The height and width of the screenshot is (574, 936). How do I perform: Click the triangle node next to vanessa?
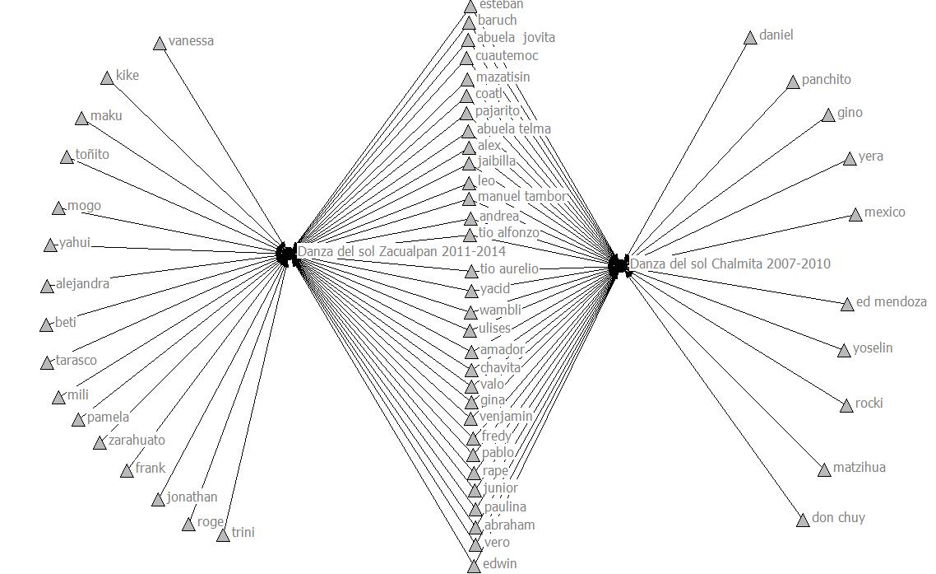[x=160, y=44]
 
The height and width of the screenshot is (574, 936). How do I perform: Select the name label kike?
[x=127, y=76]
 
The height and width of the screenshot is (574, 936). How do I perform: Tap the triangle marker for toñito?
[x=67, y=157]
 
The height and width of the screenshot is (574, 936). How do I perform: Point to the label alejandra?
[x=82, y=284]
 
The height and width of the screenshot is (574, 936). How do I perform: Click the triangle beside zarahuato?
[x=100, y=443]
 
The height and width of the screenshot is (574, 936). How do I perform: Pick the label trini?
[x=243, y=532]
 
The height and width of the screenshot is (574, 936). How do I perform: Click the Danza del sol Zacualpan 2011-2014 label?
[x=401, y=251]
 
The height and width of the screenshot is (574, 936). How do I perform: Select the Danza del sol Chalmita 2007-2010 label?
[x=730, y=264]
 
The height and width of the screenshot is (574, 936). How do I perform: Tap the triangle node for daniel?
[x=750, y=38]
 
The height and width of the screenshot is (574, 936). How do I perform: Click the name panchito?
[x=826, y=80]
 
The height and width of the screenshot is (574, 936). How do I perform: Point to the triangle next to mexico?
[x=855, y=216]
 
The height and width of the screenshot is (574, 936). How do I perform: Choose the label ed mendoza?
[x=891, y=302]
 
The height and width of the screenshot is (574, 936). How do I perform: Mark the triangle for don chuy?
[x=803, y=520]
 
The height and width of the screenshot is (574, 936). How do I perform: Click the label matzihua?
[x=859, y=468]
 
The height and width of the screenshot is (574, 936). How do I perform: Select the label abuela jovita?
[x=516, y=38]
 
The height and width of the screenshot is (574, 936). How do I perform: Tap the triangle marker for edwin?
[x=474, y=567]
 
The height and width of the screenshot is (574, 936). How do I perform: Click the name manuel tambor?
[x=522, y=197]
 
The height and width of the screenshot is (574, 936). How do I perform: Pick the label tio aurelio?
[x=508, y=269]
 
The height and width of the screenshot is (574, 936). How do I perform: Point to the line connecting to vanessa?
[x=222, y=148]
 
